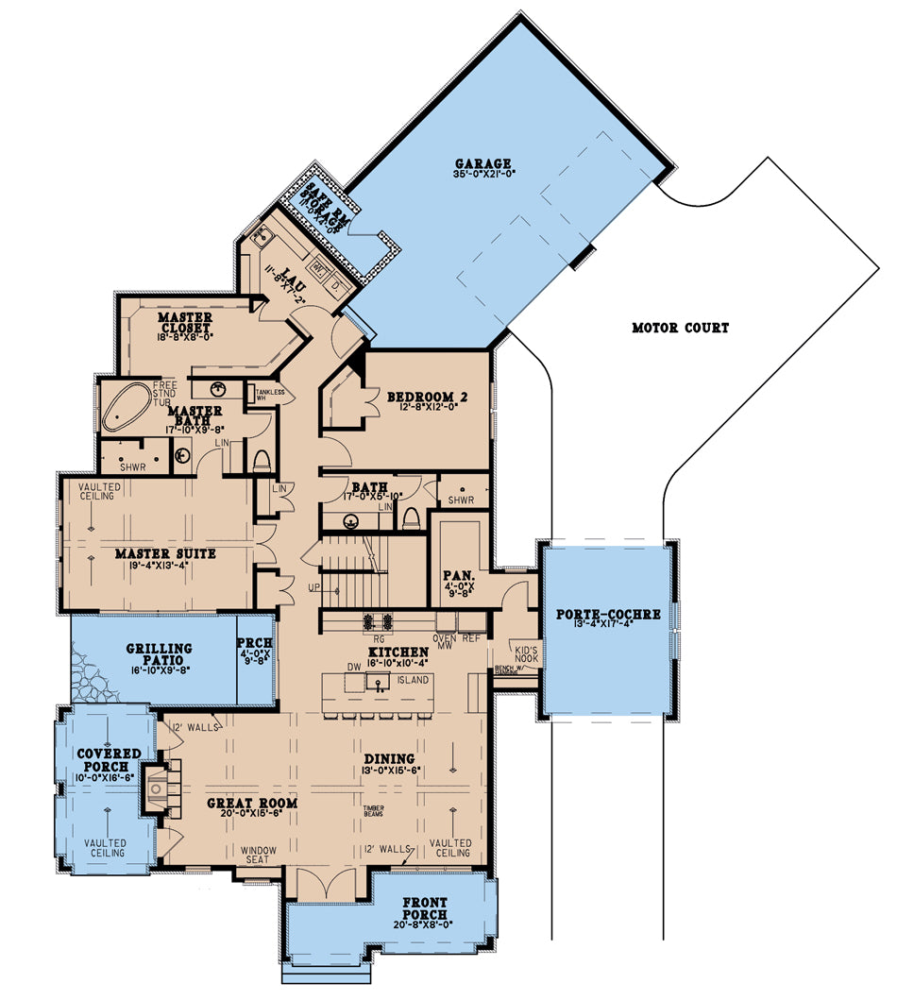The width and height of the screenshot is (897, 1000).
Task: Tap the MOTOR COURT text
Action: (x=680, y=329)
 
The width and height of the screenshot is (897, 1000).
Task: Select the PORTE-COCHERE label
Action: (x=607, y=614)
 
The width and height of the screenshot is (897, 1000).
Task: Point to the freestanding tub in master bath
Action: (x=125, y=408)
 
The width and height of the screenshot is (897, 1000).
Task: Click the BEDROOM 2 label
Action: (x=427, y=396)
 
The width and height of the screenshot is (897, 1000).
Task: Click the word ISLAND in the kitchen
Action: (x=413, y=680)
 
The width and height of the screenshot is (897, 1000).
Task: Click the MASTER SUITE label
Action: (x=164, y=553)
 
